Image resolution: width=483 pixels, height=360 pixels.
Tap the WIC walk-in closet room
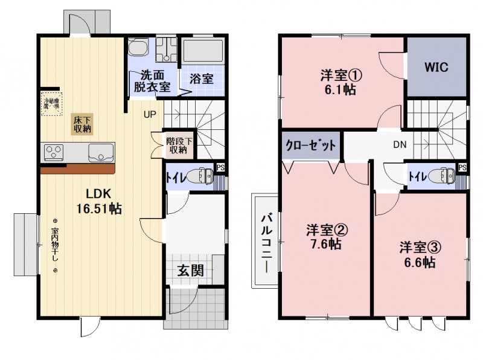click(x=436, y=67)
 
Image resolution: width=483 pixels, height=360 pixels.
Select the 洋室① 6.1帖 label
click(x=341, y=83)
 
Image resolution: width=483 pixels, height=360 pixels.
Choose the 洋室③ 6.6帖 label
click(x=418, y=255)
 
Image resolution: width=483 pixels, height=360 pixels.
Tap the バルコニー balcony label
click(x=265, y=240)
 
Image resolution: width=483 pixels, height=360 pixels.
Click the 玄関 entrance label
click(x=190, y=270)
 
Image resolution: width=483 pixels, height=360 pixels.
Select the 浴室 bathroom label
click(x=201, y=79)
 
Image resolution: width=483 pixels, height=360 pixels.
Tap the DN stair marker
click(x=400, y=145)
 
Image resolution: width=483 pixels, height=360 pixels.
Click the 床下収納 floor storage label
click(x=83, y=123)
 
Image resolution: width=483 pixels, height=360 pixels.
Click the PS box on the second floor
click(x=462, y=167)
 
